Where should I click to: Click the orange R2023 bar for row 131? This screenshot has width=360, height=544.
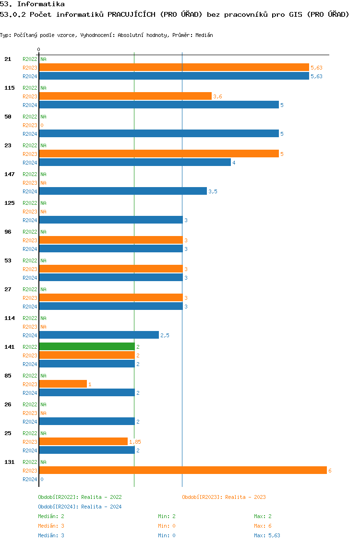[x=182, y=471]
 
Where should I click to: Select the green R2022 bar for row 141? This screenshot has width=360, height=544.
[x=86, y=346]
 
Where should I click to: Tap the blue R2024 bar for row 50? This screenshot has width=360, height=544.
[x=158, y=134]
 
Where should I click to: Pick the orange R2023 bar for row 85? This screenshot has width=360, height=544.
[x=63, y=384]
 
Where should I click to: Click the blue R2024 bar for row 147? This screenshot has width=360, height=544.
[x=122, y=191]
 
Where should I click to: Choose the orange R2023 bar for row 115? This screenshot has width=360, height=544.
[x=125, y=96]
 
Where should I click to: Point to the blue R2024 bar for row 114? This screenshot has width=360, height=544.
[x=98, y=335]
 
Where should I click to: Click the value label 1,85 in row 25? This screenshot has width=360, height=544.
[x=135, y=442]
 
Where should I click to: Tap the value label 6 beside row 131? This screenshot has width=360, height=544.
[x=330, y=471]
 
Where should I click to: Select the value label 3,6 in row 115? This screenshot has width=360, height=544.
[x=217, y=96]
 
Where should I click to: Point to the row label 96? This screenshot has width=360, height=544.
[x=8, y=232]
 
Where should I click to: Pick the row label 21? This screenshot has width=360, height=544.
[x=8, y=59]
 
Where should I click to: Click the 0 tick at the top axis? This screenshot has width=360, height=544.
[x=39, y=50]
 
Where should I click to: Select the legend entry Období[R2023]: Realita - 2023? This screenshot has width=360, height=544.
[x=224, y=497]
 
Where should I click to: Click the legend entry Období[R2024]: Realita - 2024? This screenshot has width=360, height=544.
[x=80, y=507]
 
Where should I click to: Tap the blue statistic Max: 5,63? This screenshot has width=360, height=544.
[x=267, y=535]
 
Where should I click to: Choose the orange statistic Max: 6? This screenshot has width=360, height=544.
[x=263, y=526]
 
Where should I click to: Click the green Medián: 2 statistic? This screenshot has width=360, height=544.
[x=51, y=516]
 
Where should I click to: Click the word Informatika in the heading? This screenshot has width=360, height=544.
[x=41, y=4]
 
